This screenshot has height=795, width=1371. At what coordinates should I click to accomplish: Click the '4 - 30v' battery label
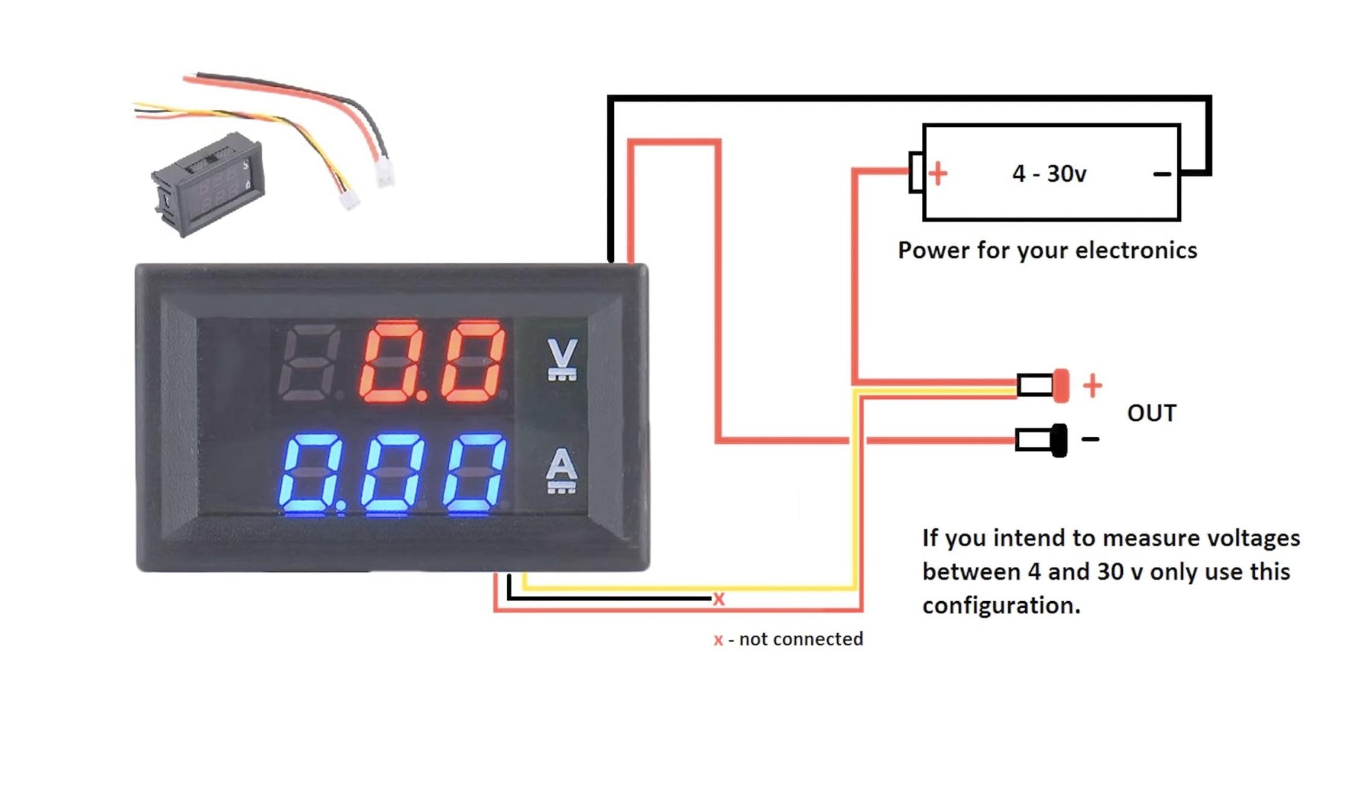(x=1049, y=174)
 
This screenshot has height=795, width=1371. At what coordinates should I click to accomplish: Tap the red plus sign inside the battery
(x=938, y=174)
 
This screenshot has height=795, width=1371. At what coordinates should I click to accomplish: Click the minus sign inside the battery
(x=1162, y=174)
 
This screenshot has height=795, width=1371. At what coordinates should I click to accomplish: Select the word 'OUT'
(x=1151, y=413)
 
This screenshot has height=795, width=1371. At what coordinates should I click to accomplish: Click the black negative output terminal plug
(x=1058, y=440)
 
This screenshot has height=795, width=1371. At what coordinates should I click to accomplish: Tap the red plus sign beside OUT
(x=1092, y=385)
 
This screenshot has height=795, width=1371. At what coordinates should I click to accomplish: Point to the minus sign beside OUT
(x=1090, y=439)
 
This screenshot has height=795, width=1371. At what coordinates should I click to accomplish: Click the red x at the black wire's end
(x=718, y=599)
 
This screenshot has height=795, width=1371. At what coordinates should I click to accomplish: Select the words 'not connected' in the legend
(x=801, y=639)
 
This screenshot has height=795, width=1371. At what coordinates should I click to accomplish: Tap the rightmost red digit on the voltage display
(x=474, y=361)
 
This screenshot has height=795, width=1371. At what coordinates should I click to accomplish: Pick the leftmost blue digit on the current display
(x=310, y=473)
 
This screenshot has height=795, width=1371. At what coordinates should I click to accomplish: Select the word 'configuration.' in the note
(x=1001, y=605)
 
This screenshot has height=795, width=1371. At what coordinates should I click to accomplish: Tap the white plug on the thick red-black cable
(x=384, y=174)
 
